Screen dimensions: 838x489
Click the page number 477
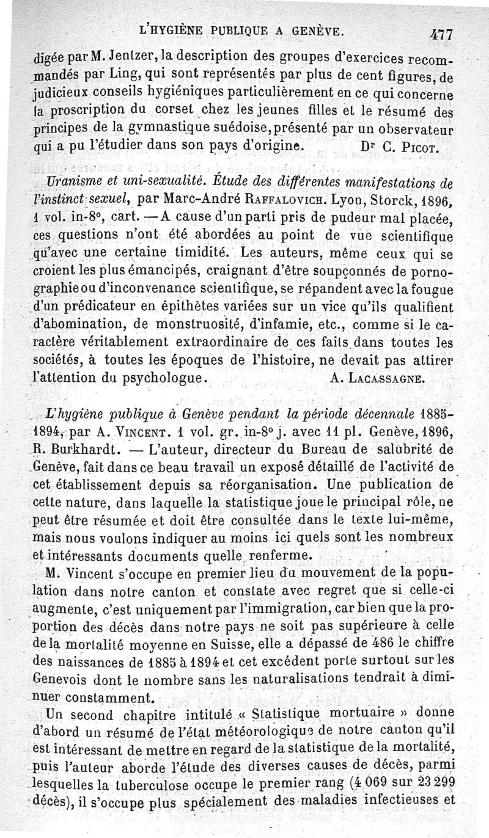pos(439,34)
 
